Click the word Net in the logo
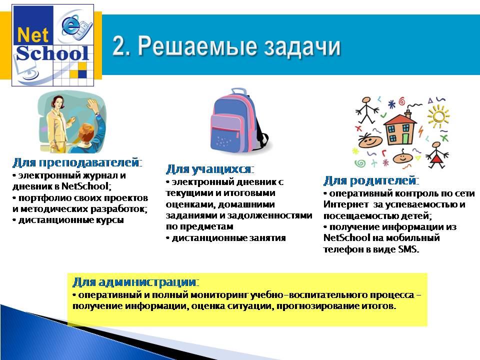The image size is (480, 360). (33, 34)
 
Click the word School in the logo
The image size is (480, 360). (52, 53)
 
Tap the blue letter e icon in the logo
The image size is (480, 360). (71, 25)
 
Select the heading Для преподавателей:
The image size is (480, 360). (77, 162)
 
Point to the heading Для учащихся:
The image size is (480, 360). (210, 169)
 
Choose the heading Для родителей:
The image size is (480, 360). (371, 180)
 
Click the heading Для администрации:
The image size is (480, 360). (136, 281)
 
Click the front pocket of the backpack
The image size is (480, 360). (225, 138)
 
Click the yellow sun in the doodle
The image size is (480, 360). (438, 116)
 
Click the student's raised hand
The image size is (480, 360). (90, 104)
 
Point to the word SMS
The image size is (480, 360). (408, 249)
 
